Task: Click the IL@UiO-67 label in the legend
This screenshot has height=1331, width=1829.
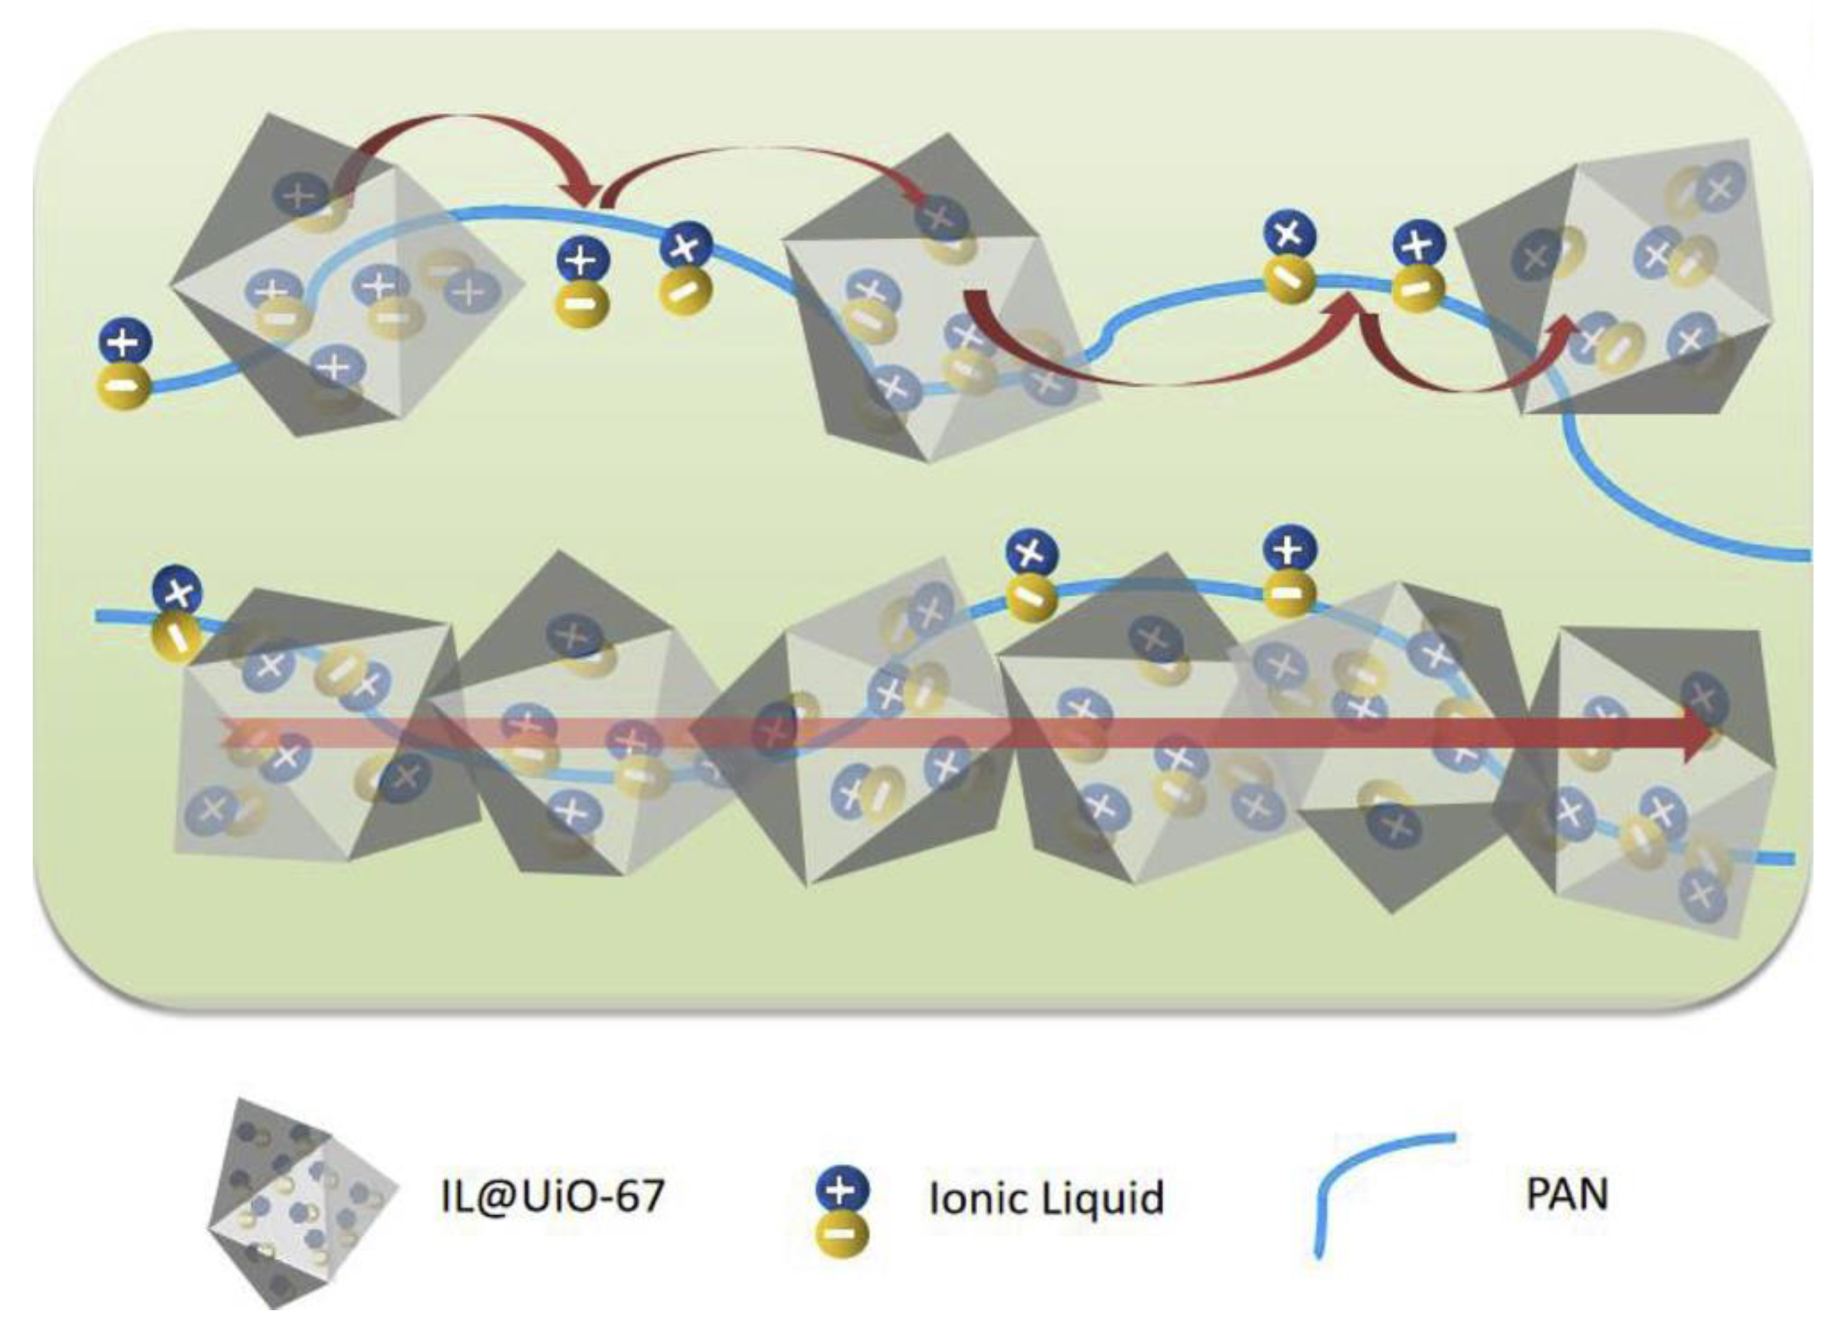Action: tap(553, 1195)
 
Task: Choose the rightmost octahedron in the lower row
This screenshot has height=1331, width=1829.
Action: tap(1661, 774)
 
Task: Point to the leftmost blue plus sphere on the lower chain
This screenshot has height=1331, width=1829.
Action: tap(177, 591)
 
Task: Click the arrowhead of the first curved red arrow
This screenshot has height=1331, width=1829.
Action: tap(582, 194)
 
